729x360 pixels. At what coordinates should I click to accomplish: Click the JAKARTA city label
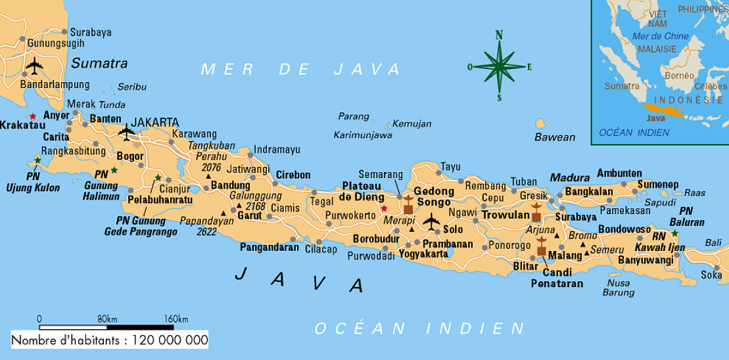coord(154,122)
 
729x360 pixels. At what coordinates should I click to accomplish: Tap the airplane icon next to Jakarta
coord(126,132)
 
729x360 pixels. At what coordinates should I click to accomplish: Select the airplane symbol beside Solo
coord(431,222)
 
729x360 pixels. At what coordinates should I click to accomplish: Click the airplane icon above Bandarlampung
coord(34,65)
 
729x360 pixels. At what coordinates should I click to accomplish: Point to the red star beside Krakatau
coord(33,116)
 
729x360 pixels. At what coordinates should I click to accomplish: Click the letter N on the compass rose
coord(499,35)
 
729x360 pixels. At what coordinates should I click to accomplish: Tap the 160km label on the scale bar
coord(176,319)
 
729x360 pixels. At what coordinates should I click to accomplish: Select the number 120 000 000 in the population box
coord(170,340)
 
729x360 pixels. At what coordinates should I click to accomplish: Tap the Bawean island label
coord(554,137)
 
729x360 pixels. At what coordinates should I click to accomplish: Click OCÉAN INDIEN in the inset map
coord(634,133)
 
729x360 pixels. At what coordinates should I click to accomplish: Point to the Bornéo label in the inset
coord(679,76)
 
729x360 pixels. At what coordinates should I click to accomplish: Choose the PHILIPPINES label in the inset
coord(702,9)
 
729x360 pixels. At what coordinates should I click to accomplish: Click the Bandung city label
coord(230,186)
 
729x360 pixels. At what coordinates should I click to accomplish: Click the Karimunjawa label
coord(363,135)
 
